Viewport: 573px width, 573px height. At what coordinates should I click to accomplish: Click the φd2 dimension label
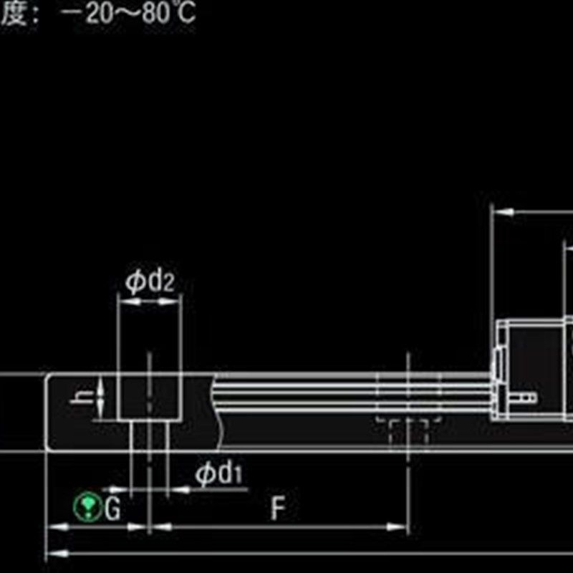point(150,281)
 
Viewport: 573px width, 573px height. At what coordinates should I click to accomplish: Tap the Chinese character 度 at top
point(13,14)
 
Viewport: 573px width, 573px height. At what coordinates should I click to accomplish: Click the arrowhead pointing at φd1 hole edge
point(175,490)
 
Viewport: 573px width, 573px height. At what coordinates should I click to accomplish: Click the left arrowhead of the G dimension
point(54,528)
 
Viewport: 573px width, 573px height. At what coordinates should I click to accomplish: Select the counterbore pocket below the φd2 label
point(148,398)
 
